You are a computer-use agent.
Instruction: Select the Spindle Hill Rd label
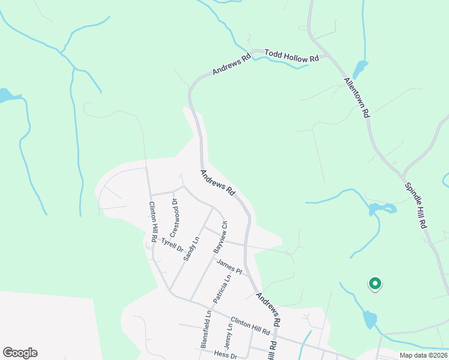[x=415, y=205]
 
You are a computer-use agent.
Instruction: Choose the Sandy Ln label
[x=191, y=249]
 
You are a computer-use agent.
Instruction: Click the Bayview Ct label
[x=220, y=237]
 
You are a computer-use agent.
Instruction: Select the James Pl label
[x=229, y=266]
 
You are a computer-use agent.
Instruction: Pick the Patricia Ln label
[x=220, y=287]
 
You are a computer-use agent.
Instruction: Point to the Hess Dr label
[x=225, y=355]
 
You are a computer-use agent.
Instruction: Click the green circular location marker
[x=375, y=283]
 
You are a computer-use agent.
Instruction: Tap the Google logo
[x=20, y=353]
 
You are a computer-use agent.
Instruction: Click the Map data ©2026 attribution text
[x=423, y=355]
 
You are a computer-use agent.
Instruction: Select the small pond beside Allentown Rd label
[x=360, y=69]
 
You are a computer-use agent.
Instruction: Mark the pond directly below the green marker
[x=370, y=319]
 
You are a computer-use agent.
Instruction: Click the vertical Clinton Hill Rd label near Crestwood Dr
[x=154, y=221]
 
